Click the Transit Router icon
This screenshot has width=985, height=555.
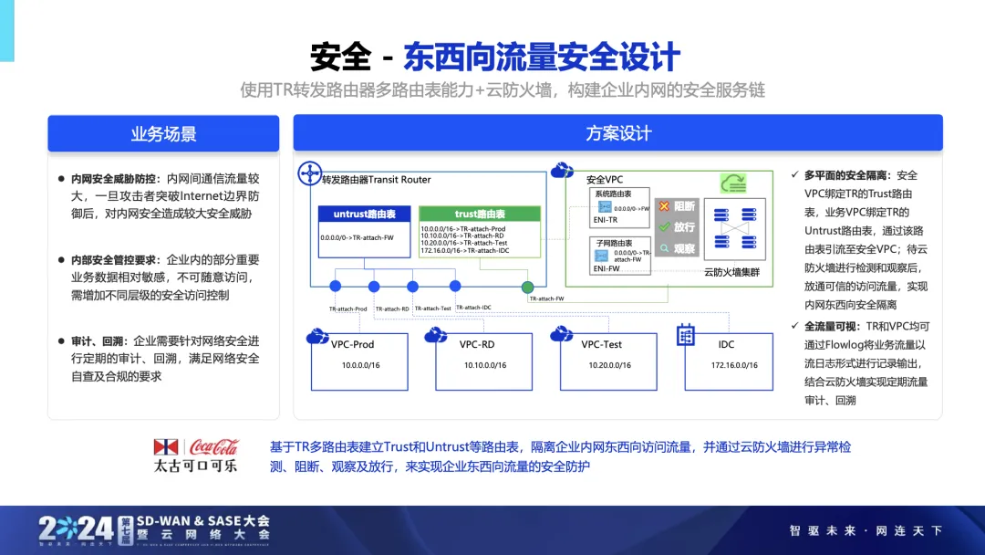[310, 172]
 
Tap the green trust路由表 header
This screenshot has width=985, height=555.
[479, 215]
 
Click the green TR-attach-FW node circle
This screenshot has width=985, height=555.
[527, 288]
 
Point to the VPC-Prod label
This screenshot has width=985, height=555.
[353, 344]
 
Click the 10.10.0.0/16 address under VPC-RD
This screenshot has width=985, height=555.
[483, 365]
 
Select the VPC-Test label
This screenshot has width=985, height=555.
[602, 344]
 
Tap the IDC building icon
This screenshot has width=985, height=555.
[686, 335]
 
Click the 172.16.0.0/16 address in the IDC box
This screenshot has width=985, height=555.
[734, 365]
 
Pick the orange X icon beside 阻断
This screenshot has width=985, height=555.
[664, 207]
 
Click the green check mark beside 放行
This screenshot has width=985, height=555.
[664, 227]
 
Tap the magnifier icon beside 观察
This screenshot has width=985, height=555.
[664, 247]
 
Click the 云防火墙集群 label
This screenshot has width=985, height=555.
[731, 272]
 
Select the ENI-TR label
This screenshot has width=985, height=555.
[606, 220]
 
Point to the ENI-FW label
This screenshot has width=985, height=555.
[606, 269]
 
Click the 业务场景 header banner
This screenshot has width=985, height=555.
[164, 134]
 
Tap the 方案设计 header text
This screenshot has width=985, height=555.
[617, 134]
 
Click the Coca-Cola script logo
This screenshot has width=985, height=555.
[213, 446]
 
